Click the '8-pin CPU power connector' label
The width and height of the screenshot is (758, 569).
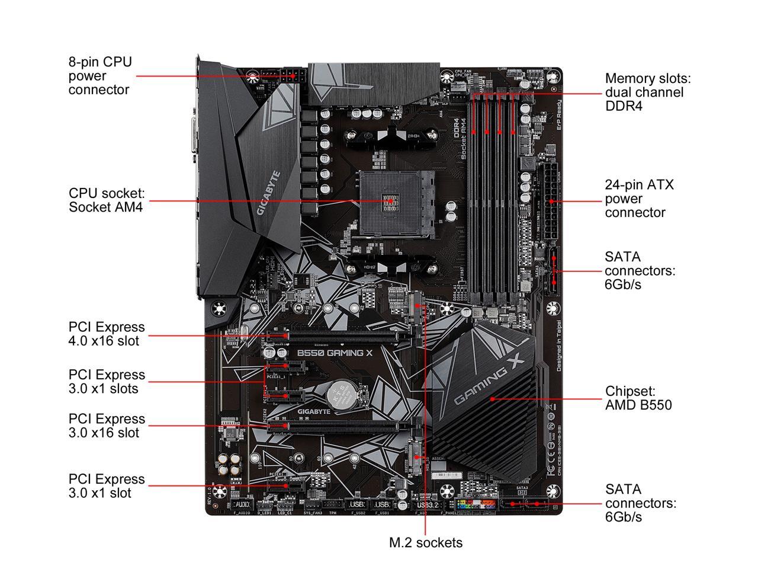tap(100, 76)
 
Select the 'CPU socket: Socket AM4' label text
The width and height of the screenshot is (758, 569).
tap(107, 200)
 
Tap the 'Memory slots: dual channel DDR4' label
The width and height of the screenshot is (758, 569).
tap(648, 92)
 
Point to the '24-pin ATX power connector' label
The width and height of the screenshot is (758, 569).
tap(639, 199)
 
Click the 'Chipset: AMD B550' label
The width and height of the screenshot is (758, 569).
tap(638, 398)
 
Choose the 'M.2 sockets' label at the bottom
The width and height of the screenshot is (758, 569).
tap(426, 542)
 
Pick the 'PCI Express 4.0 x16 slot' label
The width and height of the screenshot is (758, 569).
tap(107, 334)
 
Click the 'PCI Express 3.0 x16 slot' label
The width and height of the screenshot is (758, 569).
tap(107, 426)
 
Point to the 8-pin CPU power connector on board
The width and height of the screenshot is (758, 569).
tap(292, 76)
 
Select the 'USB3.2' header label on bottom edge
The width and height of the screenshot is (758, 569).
tap(426, 505)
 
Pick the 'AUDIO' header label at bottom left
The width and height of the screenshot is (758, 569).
tap(243, 504)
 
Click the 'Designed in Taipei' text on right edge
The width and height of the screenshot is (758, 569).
tap(558, 343)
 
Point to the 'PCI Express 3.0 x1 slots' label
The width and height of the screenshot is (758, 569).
tap(107, 382)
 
